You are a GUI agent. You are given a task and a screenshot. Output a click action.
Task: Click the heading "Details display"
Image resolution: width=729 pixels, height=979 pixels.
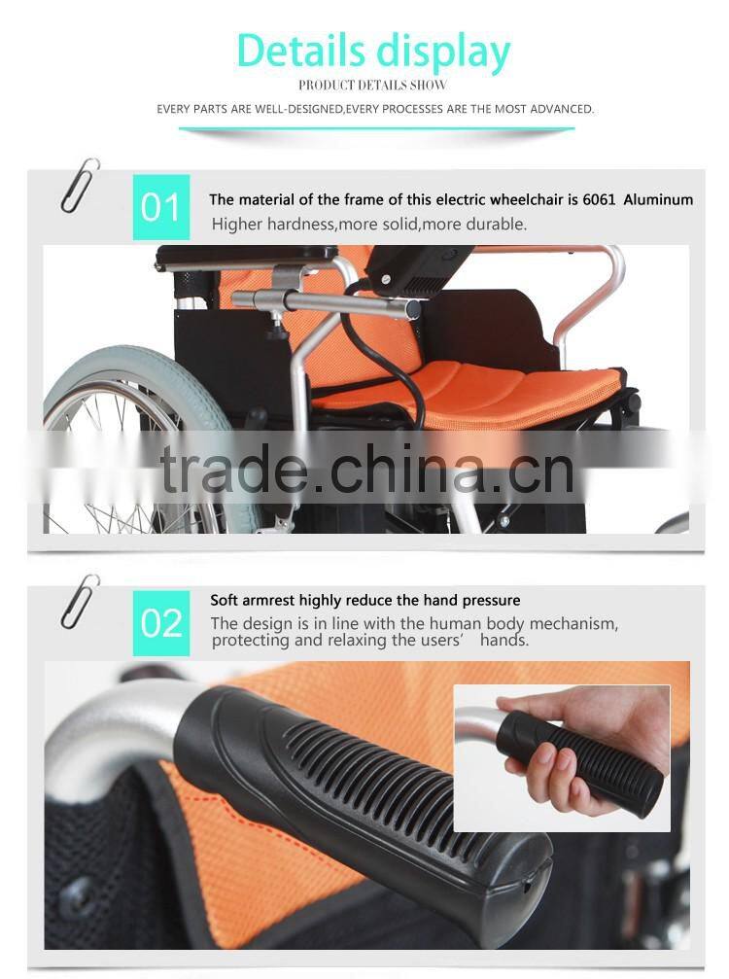373,51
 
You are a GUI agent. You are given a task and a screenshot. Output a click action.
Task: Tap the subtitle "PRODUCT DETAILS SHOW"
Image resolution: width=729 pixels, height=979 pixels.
373,86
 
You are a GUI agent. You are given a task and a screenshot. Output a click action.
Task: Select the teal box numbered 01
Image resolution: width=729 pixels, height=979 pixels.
161,207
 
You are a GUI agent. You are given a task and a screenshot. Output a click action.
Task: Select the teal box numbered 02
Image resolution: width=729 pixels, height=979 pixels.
161,622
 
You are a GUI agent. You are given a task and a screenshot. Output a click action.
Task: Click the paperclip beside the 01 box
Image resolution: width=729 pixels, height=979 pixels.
80,185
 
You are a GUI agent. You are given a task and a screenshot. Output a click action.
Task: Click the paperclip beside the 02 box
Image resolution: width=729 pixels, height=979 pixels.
80,601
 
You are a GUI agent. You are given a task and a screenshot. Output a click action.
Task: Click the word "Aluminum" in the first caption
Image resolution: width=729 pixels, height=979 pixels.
658,200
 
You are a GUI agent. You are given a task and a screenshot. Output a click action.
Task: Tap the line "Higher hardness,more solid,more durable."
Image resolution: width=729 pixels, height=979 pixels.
369,225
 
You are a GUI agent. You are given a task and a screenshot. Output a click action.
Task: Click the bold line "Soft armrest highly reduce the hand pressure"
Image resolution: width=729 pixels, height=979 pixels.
365,601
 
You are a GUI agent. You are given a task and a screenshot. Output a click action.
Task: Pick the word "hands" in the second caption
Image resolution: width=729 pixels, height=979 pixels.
503,641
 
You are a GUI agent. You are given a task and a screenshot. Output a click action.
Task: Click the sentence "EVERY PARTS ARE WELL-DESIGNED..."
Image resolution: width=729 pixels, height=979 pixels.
375,109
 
